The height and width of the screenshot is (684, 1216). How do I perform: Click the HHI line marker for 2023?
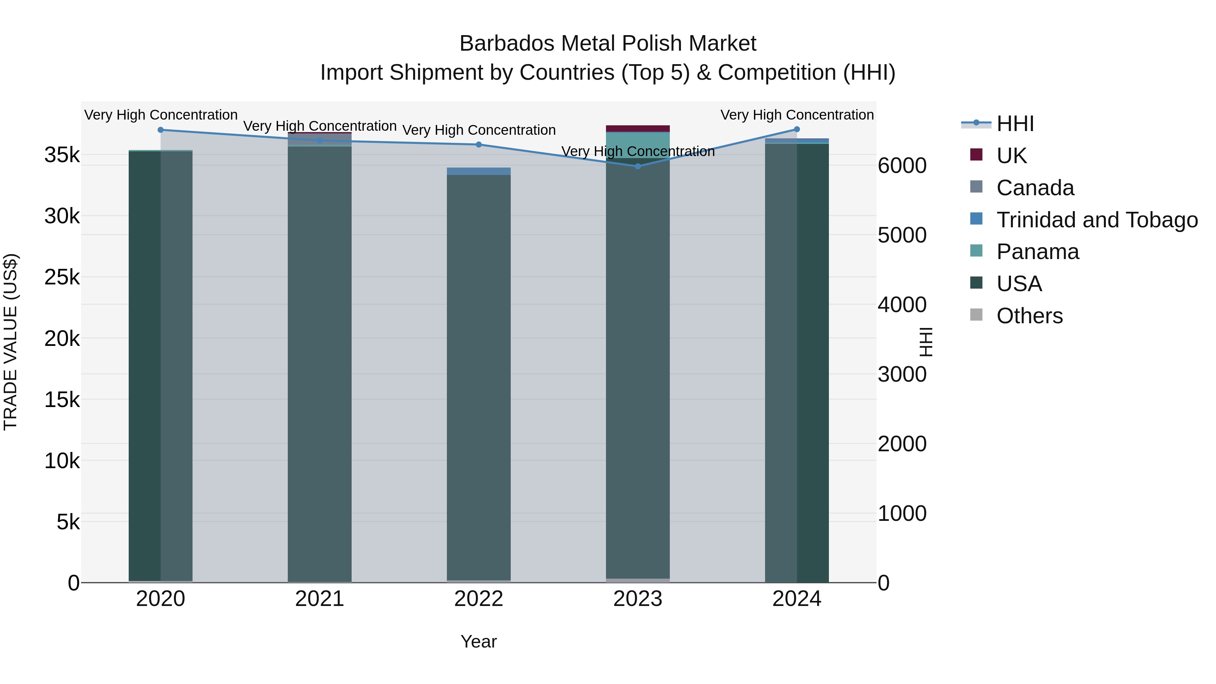click(x=638, y=166)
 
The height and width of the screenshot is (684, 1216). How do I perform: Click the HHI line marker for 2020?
click(x=160, y=130)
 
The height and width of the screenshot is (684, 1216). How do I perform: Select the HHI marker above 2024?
click(x=797, y=129)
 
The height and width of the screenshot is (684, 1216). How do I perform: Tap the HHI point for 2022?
click(x=479, y=145)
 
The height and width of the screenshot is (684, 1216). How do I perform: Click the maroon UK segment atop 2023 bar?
click(x=638, y=128)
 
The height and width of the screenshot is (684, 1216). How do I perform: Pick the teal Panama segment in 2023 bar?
click(x=638, y=144)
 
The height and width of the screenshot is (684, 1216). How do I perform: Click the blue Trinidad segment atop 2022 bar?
click(x=479, y=171)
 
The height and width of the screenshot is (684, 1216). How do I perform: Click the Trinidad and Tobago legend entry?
click(x=1096, y=220)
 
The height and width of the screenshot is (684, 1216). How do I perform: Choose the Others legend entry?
click(x=1029, y=316)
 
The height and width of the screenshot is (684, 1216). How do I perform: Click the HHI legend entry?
click(x=1015, y=124)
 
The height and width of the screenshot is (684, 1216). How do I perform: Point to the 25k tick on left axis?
click(x=62, y=277)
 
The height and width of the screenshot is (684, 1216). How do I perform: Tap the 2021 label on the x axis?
click(x=320, y=599)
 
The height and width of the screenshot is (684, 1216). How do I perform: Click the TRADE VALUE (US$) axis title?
click(x=10, y=342)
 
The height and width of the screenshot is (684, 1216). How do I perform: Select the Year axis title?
click(x=479, y=641)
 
